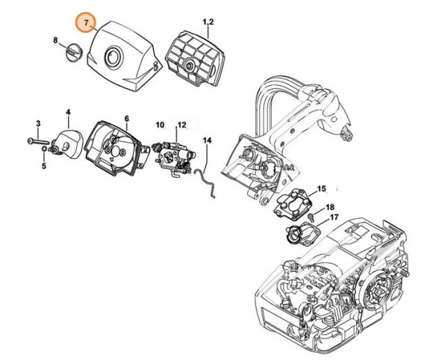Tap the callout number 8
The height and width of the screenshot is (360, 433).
click(56, 39)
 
